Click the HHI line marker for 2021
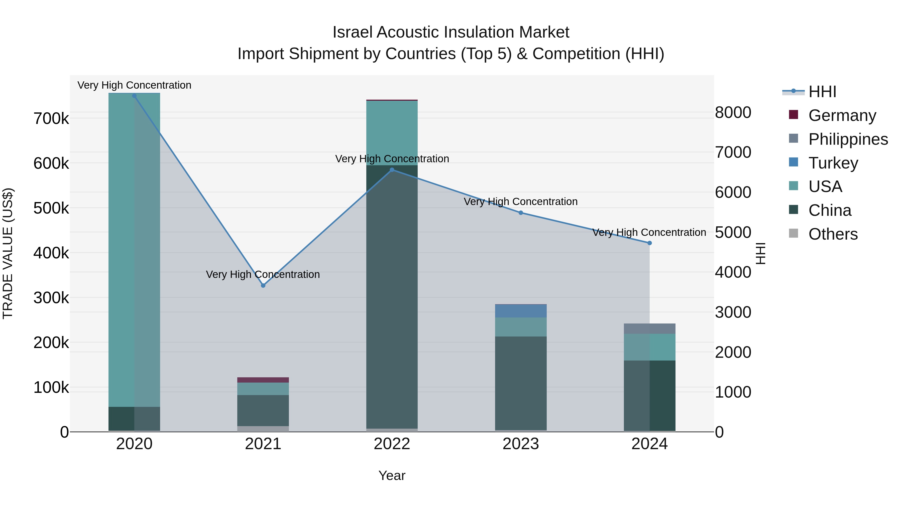coord(263,285)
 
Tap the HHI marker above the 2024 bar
coord(649,243)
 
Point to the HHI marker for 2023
coord(521,213)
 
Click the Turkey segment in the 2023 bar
coord(521,311)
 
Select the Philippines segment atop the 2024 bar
coord(649,328)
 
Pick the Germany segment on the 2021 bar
coord(263,380)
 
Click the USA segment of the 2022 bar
coord(392,133)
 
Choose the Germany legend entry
coord(842,115)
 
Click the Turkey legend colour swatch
coord(794,162)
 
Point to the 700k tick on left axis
coord(51,119)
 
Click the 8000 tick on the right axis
coord(733,113)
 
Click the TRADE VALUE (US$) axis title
coord(8,253)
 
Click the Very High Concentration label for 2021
coord(263,274)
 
